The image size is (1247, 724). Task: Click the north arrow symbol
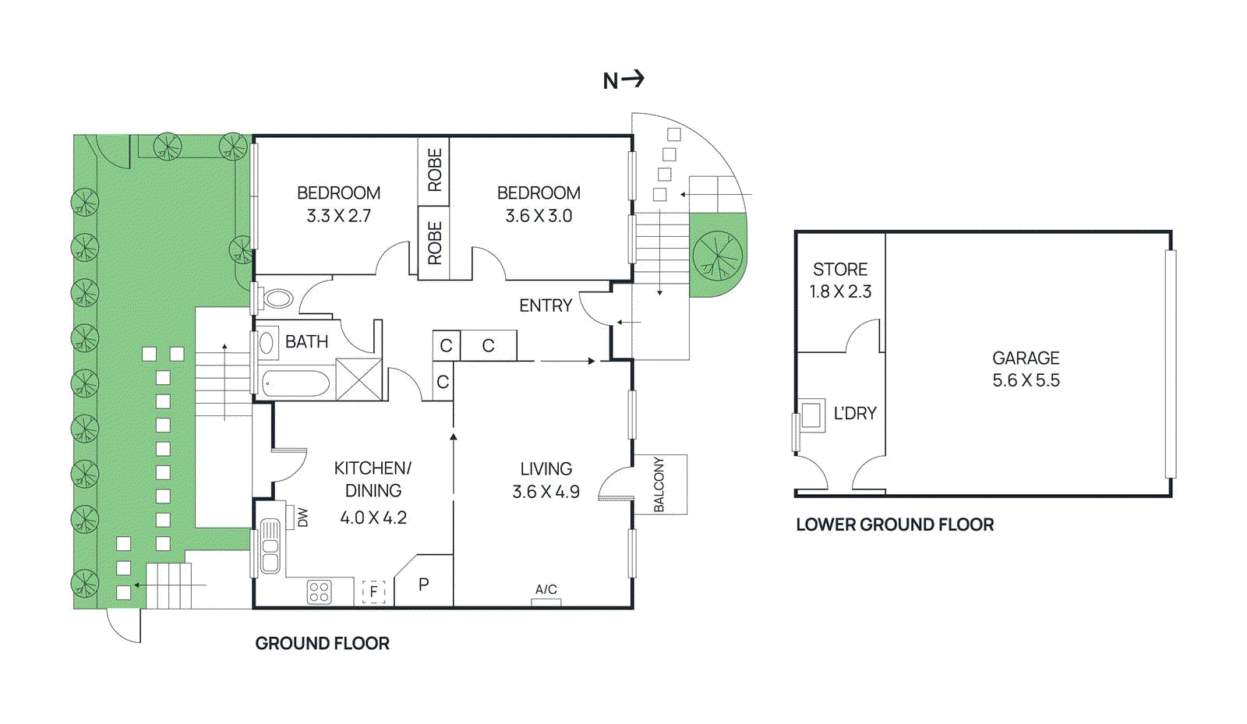pos(624,79)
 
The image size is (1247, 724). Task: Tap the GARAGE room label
pos(1026,358)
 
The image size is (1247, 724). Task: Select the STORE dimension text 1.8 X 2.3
pos(840,291)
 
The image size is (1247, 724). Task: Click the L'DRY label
pos(855,414)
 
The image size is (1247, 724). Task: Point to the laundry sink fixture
pos(812,415)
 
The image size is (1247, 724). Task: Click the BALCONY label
pos(659,484)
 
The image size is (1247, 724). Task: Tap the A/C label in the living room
pos(546,589)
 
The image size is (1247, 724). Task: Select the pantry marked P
pos(424,584)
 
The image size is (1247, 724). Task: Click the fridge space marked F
pos(374,592)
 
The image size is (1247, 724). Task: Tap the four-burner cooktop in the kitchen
pos(320,592)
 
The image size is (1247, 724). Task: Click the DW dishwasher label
pos(303,517)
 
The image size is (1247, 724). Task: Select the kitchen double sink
pos(270,546)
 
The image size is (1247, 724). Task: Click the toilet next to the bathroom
pos(276,298)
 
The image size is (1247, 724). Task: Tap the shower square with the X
pos(359,380)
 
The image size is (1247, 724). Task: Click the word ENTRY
pos(546,305)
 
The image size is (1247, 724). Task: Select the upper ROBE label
pos(434,170)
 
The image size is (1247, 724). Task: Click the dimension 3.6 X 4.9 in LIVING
pos(546,492)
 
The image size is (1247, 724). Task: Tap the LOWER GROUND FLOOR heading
pos(895,524)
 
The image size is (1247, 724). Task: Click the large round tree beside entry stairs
pos(718,255)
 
